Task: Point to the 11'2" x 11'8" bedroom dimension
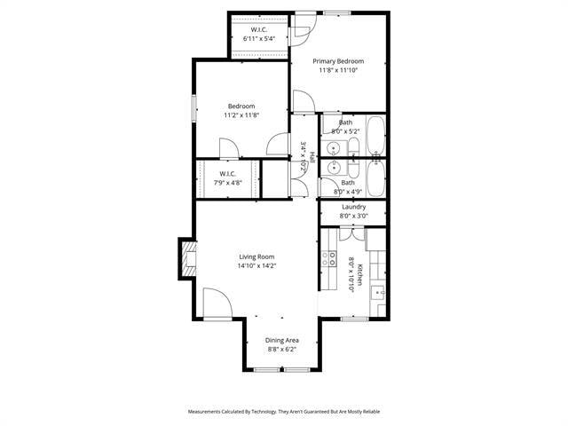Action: (x=241, y=115)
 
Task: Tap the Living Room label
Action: (x=256, y=256)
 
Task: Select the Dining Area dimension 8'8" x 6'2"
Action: (x=282, y=350)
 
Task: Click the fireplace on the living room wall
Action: (x=187, y=258)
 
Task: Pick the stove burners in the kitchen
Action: (x=328, y=258)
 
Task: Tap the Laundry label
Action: (x=353, y=207)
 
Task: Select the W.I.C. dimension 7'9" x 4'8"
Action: (x=227, y=183)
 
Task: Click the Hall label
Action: (x=312, y=156)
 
